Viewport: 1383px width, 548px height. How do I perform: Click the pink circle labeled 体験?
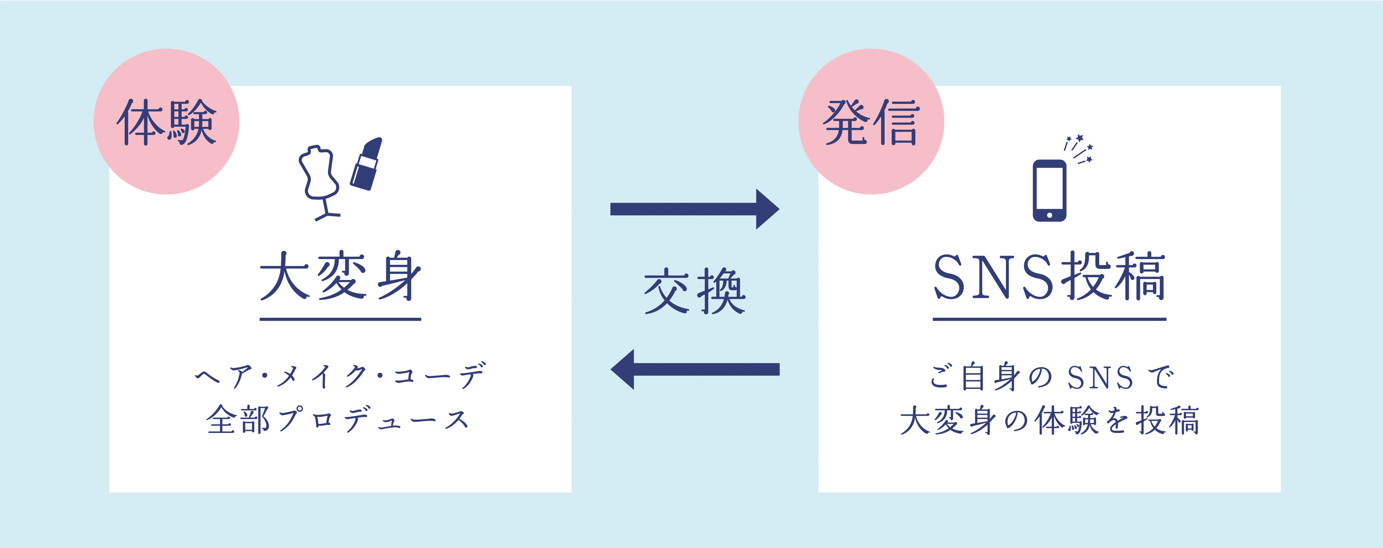pyautogui.click(x=166, y=121)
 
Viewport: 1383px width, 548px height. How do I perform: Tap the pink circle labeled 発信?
pyautogui.click(x=871, y=121)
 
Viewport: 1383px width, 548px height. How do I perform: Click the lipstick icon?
pyautogui.click(x=366, y=164)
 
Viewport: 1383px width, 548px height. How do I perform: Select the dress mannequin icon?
pyautogui.click(x=320, y=177)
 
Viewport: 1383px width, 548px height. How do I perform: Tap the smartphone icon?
pyautogui.click(x=1049, y=190)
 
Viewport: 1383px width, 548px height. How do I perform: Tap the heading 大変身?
pyautogui.click(x=340, y=277)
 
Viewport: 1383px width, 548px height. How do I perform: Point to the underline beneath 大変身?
pyautogui.click(x=340, y=319)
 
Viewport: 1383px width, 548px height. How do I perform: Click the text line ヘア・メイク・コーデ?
pyautogui.click(x=340, y=376)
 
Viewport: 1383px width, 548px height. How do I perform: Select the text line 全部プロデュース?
pyautogui.click(x=338, y=420)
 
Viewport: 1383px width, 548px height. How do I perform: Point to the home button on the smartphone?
pyautogui.click(x=1049, y=215)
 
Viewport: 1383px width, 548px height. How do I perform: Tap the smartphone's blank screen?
pyautogui.click(x=1049, y=188)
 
